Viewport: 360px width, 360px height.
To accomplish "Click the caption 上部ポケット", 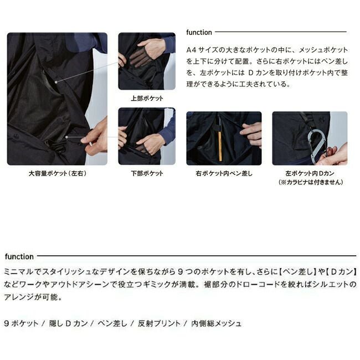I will [146, 98].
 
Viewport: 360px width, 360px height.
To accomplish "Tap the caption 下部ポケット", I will [146, 173].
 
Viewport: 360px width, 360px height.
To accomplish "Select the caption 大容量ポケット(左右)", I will [58, 173].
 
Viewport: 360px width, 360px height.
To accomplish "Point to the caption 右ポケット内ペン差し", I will [224, 173].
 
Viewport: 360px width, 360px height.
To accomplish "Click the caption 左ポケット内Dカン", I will [310, 173].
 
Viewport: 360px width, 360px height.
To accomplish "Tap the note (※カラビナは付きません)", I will [310, 182].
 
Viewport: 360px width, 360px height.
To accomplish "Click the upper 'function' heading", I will [199, 33].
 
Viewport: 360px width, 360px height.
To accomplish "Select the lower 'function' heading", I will [19, 256].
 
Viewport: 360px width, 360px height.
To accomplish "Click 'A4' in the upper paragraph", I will [192, 49].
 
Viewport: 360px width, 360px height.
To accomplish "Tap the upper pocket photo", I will [146, 61].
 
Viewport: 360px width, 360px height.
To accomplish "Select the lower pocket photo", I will [146, 136].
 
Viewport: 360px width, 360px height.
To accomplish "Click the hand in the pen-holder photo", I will [252, 133].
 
